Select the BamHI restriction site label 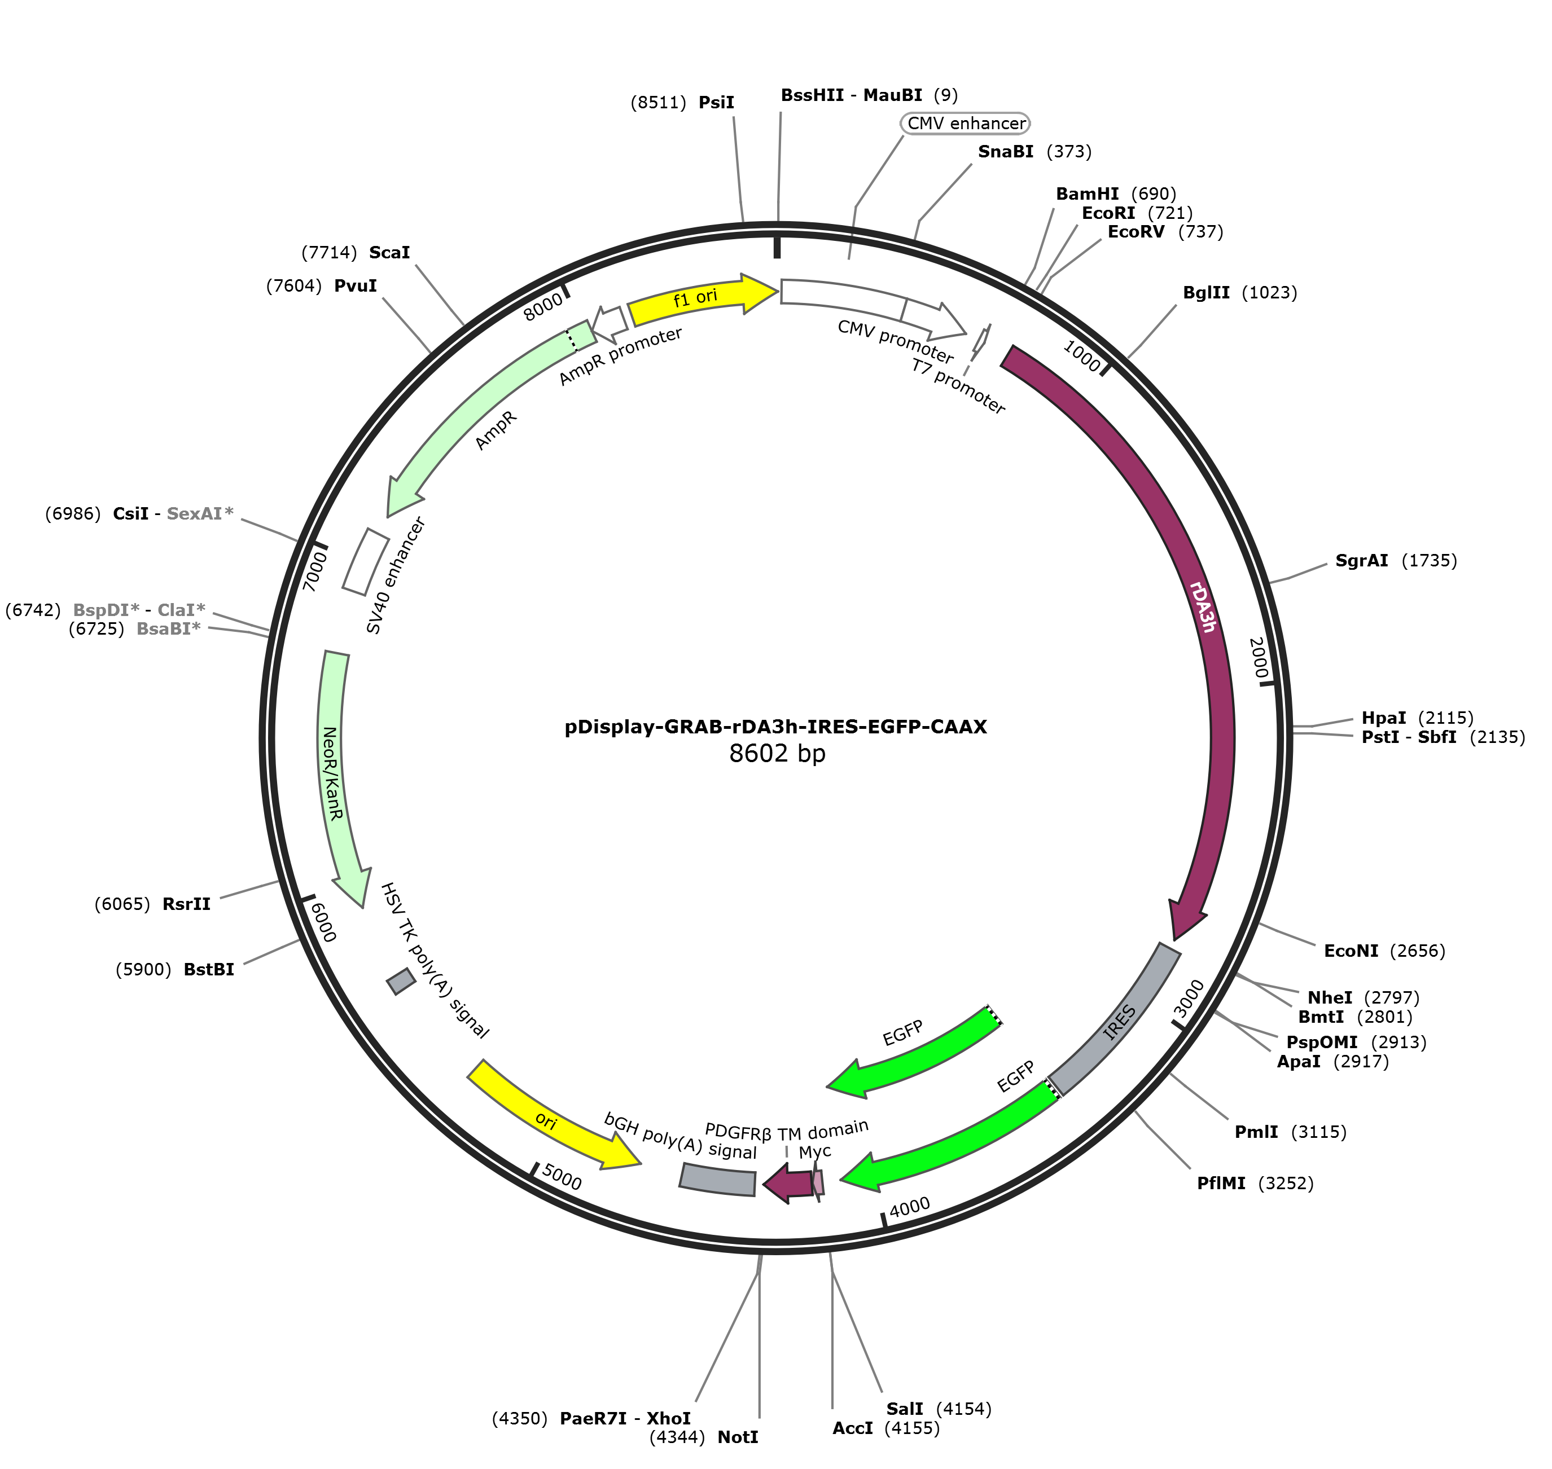coord(1116,194)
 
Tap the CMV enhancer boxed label coord(965,124)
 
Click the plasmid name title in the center coord(775,727)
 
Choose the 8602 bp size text coord(777,753)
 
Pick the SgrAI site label coord(1396,561)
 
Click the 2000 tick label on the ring coord(1258,658)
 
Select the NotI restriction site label coord(704,1437)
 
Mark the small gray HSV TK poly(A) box coord(401,981)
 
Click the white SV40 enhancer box coord(366,561)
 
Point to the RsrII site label coord(153,904)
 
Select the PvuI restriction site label coord(322,286)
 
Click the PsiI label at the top coord(682,103)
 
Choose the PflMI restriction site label coord(1255,1182)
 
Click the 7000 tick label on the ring coord(315,571)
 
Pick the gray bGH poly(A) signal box coord(718,1179)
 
